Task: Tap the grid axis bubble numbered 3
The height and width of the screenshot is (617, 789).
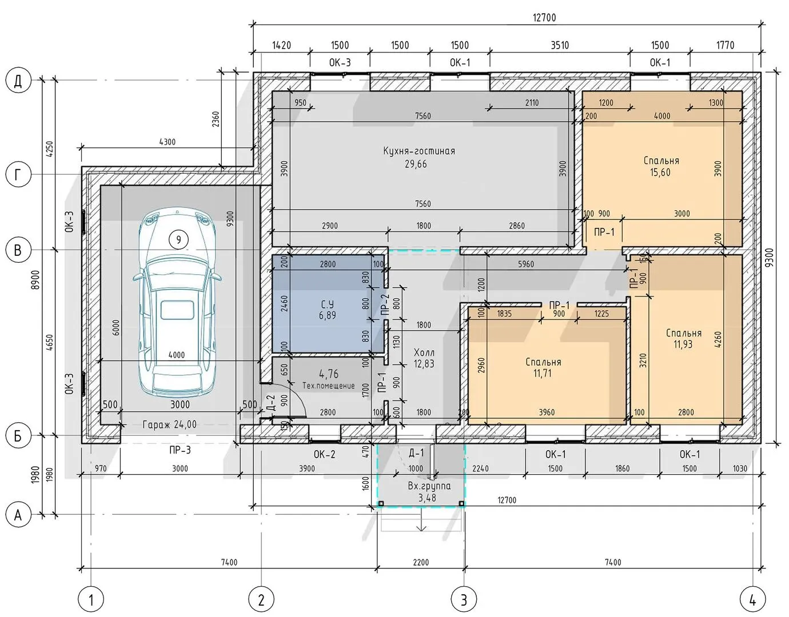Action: point(464,600)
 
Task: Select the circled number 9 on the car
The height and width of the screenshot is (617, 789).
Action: point(178,239)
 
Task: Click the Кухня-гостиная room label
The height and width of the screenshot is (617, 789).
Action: point(419,151)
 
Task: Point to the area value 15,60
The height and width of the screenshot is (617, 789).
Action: point(660,173)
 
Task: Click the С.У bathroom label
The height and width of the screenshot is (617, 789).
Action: point(327,304)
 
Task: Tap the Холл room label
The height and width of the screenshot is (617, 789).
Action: point(424,352)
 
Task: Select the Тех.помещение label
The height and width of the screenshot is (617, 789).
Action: point(329,386)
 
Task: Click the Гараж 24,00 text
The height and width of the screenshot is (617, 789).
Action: point(170,424)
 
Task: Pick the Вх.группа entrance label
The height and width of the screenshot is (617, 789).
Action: point(429,486)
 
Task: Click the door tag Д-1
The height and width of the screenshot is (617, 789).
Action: point(416,452)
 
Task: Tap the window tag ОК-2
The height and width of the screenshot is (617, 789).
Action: point(325,454)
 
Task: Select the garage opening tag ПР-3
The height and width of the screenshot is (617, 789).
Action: point(180,450)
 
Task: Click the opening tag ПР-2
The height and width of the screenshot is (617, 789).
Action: point(385,304)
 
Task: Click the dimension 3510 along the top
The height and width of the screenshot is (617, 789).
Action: point(560,45)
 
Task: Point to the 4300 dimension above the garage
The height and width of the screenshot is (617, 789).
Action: point(168,142)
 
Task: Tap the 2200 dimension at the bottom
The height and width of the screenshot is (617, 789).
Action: point(421,562)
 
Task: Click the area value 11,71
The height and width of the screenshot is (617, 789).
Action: point(543,373)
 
